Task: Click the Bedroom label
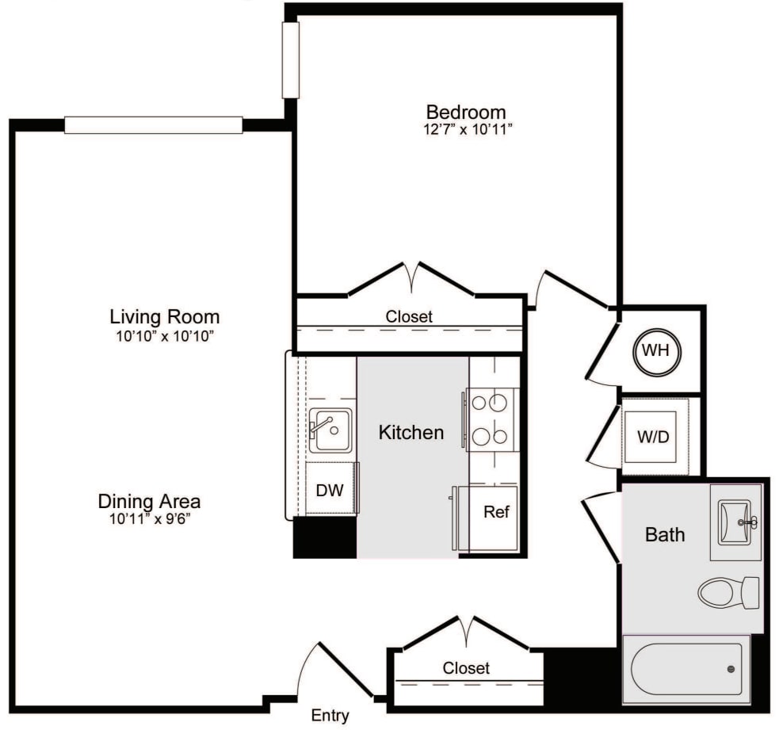click(465, 113)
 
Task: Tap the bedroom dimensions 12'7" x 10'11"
click(468, 130)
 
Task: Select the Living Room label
click(165, 317)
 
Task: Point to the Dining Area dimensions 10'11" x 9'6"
click(150, 519)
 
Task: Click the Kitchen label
click(411, 432)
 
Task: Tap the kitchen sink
click(330, 430)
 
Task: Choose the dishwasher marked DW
click(331, 488)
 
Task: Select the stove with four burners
click(493, 419)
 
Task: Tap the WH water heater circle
click(657, 353)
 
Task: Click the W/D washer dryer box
click(655, 437)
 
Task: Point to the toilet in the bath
click(728, 592)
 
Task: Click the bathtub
click(686, 670)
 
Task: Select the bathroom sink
click(735, 522)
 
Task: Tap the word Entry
click(330, 716)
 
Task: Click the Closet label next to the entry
click(466, 668)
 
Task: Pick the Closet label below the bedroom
click(409, 316)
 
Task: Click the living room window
click(154, 125)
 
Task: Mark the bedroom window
click(291, 60)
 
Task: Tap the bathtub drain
click(731, 670)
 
